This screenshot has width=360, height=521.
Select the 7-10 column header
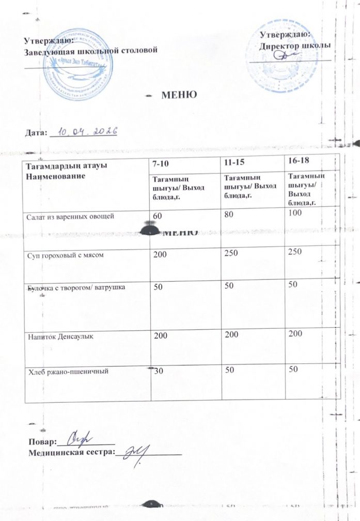(160, 164)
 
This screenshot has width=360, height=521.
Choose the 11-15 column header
(232, 162)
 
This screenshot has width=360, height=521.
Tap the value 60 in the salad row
(156, 214)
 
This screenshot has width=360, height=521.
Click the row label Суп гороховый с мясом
(62, 254)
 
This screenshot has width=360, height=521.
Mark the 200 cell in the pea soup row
(160, 254)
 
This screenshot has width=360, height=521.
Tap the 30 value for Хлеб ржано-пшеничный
(156, 368)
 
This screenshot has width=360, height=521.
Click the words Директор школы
(294, 45)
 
